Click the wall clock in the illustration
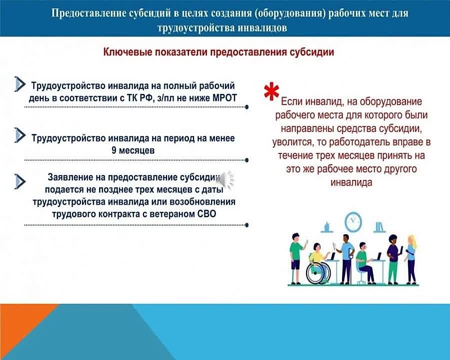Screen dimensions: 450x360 (353, 221)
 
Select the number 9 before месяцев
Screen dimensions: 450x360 (114, 150)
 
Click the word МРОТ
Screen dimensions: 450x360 (224, 98)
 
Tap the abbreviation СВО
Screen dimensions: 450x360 (206, 214)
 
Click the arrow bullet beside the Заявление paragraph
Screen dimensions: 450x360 (20, 181)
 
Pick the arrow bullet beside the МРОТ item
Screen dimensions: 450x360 (20, 84)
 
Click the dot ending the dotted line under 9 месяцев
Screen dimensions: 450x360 (247, 160)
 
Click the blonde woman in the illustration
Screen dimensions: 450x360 (411, 258)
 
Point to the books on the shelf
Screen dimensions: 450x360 (379, 227)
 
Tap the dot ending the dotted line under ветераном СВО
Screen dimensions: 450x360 (247, 225)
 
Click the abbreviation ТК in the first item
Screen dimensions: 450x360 (131, 98)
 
